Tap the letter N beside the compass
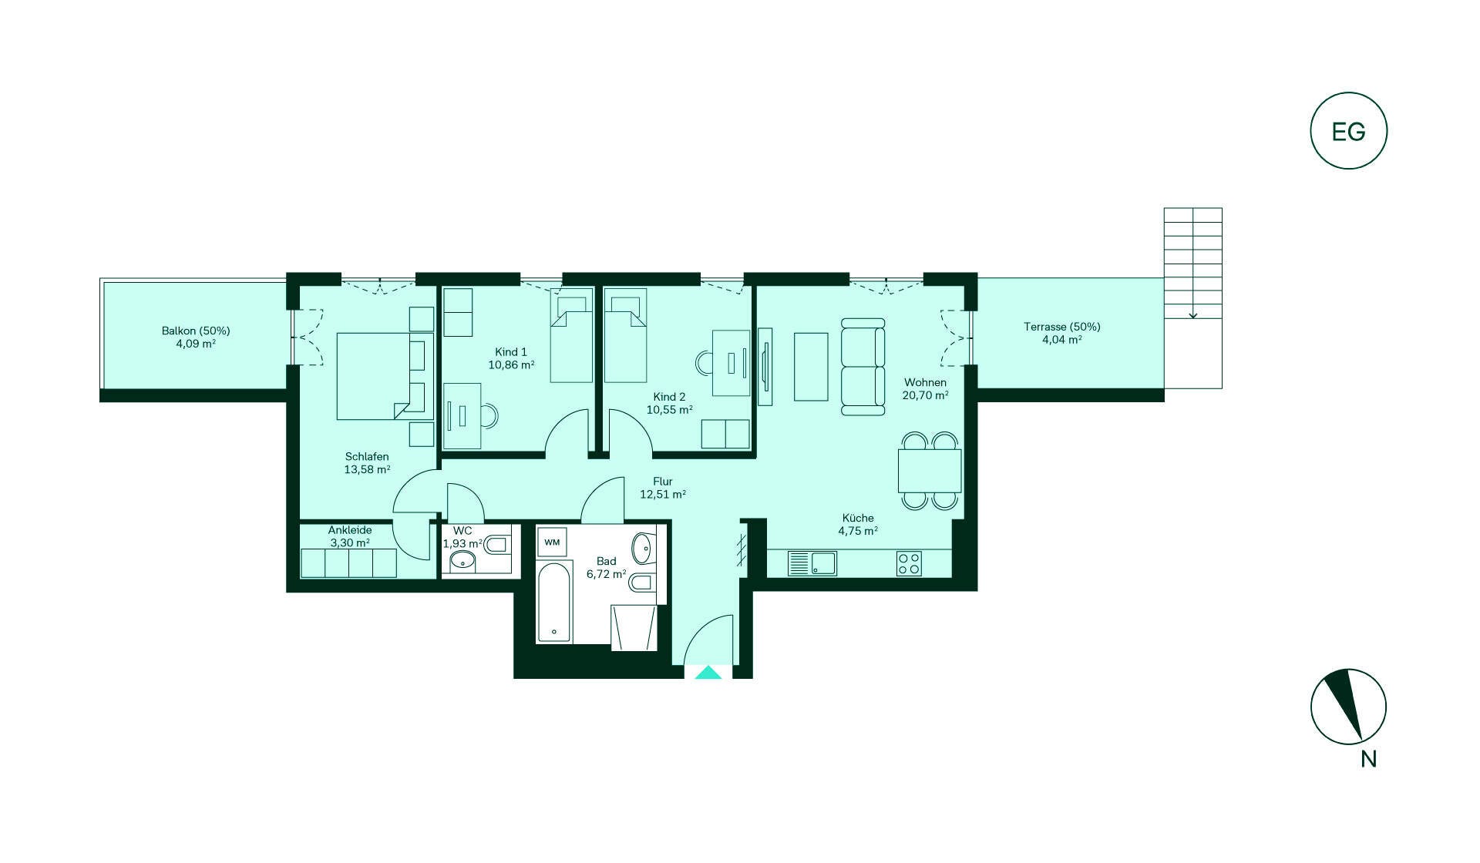click(1368, 759)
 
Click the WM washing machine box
click(552, 542)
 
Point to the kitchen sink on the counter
click(812, 563)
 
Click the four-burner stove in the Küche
click(909, 563)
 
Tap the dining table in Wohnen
click(930, 471)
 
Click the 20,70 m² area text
click(925, 395)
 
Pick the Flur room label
click(663, 482)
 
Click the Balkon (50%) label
click(196, 331)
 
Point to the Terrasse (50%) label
click(1062, 327)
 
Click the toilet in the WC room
click(497, 545)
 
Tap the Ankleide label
click(350, 530)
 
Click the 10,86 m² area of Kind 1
click(511, 365)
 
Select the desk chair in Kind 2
click(705, 362)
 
